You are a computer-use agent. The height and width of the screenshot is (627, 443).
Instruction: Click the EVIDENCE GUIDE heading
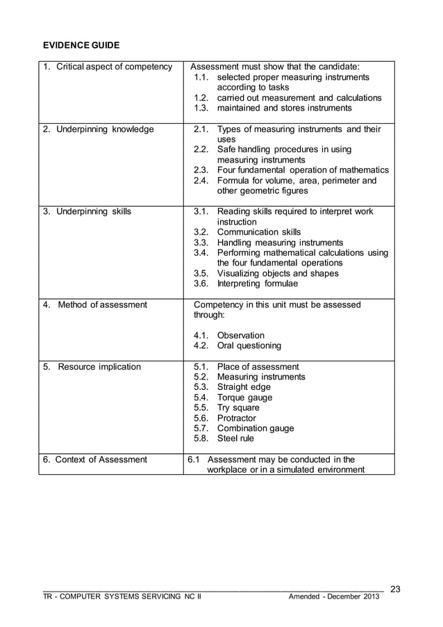click(81, 45)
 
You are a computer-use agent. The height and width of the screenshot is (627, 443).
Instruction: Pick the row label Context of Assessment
click(94, 459)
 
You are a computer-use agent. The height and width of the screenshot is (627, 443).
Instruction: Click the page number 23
click(396, 589)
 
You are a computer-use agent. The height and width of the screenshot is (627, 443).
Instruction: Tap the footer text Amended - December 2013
click(335, 597)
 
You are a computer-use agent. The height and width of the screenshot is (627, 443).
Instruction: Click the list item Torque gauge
click(244, 398)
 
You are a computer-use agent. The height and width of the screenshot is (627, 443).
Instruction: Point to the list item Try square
click(238, 408)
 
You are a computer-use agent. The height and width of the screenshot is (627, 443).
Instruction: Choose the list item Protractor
click(236, 418)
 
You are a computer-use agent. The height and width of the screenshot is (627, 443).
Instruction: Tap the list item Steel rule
click(235, 439)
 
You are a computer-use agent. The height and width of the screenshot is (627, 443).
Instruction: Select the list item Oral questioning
click(249, 345)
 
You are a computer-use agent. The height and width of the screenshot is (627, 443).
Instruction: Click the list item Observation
click(240, 335)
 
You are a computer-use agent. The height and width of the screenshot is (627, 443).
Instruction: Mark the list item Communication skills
click(259, 232)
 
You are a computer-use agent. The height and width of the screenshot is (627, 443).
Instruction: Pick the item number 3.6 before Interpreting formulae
click(201, 284)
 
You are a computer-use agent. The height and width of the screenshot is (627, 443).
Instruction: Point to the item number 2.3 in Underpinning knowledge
click(201, 170)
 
